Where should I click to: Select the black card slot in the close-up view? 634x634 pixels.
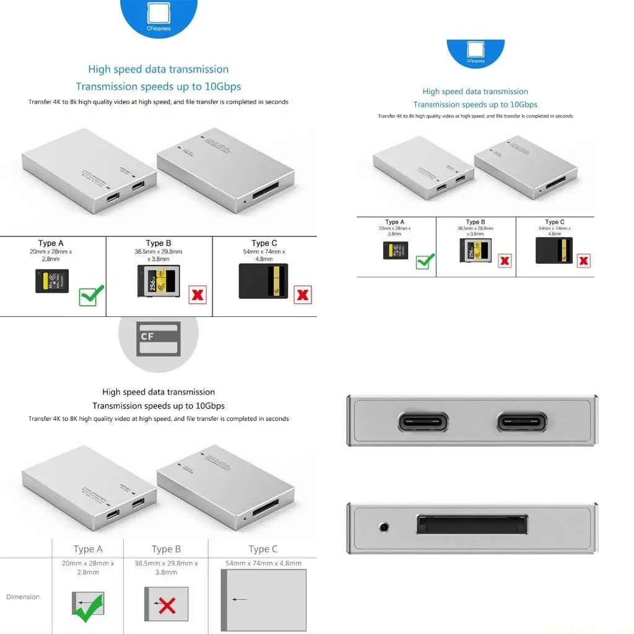pos(472,525)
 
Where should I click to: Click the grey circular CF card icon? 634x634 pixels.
pos(158,337)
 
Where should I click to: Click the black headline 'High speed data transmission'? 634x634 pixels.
pos(158,392)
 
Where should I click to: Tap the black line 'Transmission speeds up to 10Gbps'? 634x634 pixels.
pos(158,406)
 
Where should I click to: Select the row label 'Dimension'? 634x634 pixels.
pos(23,597)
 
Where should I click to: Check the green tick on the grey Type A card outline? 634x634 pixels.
pos(88,607)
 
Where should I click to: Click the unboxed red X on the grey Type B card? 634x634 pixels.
pos(167,605)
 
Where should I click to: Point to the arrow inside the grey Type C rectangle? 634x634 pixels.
pos(241,599)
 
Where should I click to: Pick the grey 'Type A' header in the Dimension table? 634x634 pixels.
pos(88,549)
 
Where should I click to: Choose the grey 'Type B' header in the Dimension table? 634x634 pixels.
pos(166,549)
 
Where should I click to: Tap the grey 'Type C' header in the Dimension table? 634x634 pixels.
pos(263,549)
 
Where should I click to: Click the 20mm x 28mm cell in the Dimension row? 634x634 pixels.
pos(88,568)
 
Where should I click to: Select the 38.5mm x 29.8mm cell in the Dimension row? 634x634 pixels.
pos(166,568)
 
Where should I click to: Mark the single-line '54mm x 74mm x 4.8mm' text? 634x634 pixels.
pos(263,563)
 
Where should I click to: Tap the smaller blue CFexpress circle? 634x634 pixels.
pos(475,53)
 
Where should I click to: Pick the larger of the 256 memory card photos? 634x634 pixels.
pos(158,281)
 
